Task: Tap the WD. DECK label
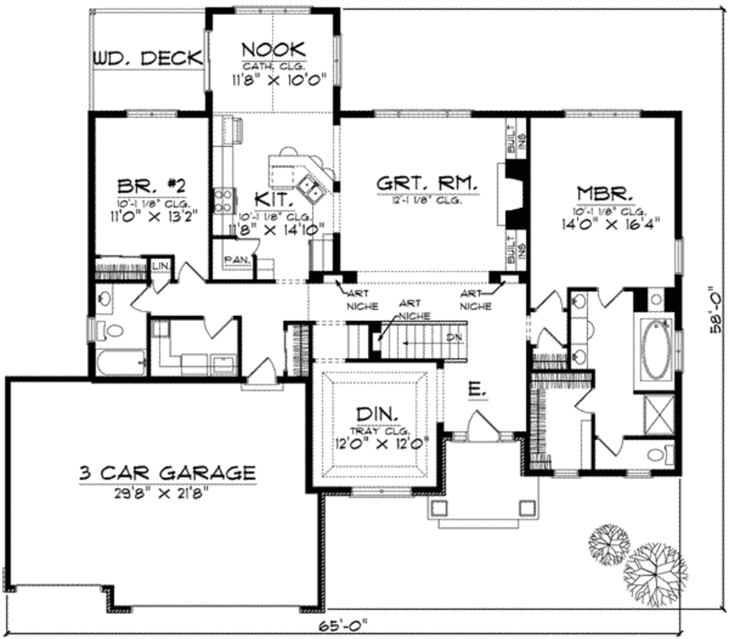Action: (147, 58)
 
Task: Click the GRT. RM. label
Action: (426, 184)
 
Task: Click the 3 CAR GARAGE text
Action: (167, 472)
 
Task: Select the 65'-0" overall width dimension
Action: (345, 628)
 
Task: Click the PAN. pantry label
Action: (234, 260)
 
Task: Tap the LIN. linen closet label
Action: (160, 266)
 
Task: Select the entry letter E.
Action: (476, 389)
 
